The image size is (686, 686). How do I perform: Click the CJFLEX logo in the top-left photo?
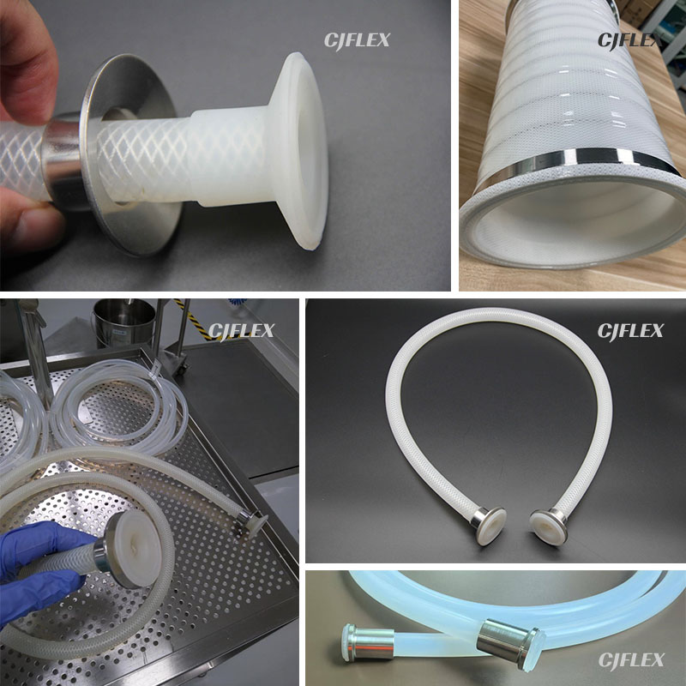click(x=357, y=41)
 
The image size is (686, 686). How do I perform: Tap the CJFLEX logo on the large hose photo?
click(x=629, y=41)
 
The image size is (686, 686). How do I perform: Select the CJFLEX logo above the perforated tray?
click(x=241, y=332)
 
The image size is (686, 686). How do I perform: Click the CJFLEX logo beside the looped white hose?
click(x=630, y=331)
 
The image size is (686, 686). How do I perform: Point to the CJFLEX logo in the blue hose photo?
click(x=631, y=659)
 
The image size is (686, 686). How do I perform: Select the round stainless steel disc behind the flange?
click(x=131, y=154)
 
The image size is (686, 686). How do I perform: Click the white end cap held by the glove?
click(x=136, y=549)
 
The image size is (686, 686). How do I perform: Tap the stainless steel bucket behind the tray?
click(x=123, y=322)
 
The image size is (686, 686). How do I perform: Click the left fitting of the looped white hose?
click(x=488, y=524)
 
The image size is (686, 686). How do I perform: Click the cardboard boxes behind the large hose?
click(x=640, y=12)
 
